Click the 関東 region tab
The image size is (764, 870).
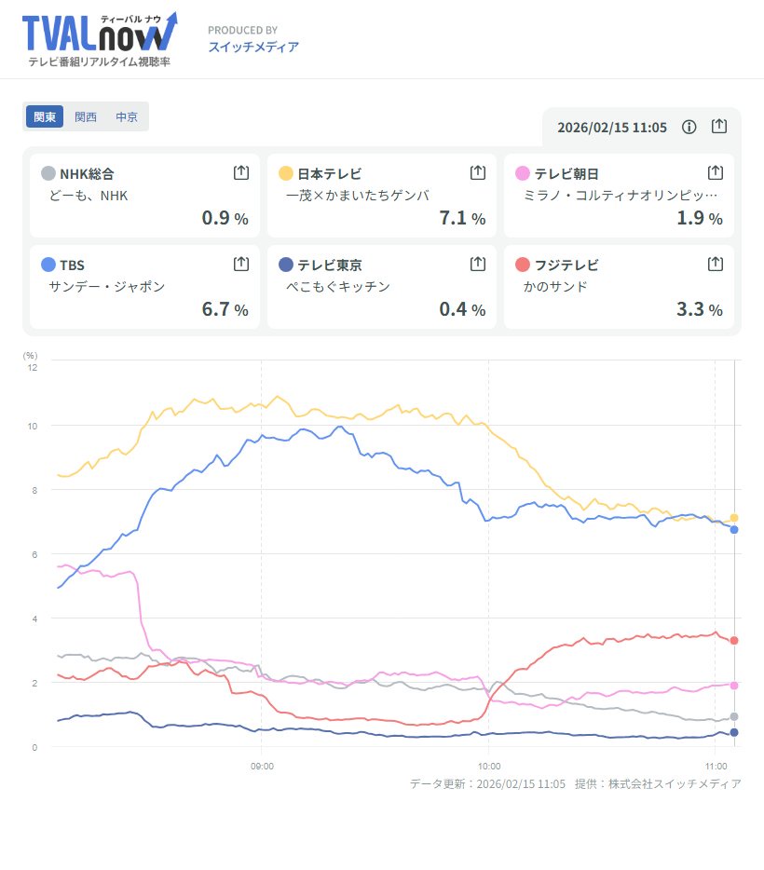click(45, 117)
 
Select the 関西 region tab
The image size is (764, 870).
click(86, 117)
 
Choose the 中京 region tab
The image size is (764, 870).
click(127, 117)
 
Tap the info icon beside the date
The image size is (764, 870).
click(689, 127)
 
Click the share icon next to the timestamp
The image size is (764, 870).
click(718, 127)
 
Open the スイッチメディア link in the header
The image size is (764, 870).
click(253, 47)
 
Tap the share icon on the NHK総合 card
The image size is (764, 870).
click(240, 172)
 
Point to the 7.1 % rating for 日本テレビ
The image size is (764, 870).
click(463, 219)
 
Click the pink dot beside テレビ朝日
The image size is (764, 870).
click(523, 173)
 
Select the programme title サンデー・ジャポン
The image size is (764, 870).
click(106, 286)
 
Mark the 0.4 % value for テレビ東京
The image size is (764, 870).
click(463, 309)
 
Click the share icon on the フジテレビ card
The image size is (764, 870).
click(715, 264)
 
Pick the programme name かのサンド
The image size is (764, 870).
click(555, 286)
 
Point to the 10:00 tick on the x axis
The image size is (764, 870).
click(489, 767)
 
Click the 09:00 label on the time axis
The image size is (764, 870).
click(262, 767)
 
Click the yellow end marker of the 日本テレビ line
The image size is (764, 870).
click(734, 518)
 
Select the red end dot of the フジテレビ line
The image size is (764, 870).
click(734, 641)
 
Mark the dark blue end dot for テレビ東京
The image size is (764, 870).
click(734, 733)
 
